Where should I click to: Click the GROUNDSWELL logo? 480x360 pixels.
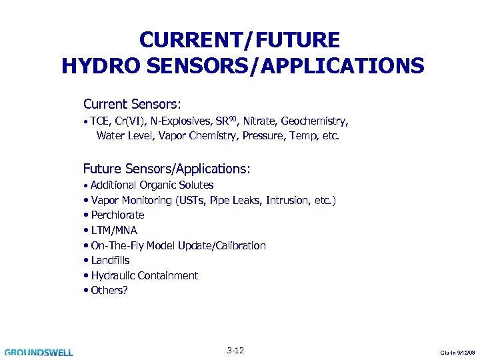(39, 352)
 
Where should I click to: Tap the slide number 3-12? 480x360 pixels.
(235, 351)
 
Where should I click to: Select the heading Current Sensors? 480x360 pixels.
(133, 105)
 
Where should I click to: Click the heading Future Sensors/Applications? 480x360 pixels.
(167, 169)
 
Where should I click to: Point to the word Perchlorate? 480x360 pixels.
(117, 215)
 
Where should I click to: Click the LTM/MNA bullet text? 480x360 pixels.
(114, 230)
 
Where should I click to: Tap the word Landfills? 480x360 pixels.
(110, 261)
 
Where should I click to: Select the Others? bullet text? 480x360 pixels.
(109, 291)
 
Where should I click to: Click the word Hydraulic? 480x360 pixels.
(113, 275)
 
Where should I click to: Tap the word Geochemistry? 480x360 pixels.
(314, 121)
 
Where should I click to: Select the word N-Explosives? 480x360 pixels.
(179, 121)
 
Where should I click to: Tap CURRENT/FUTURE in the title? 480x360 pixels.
(239, 40)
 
